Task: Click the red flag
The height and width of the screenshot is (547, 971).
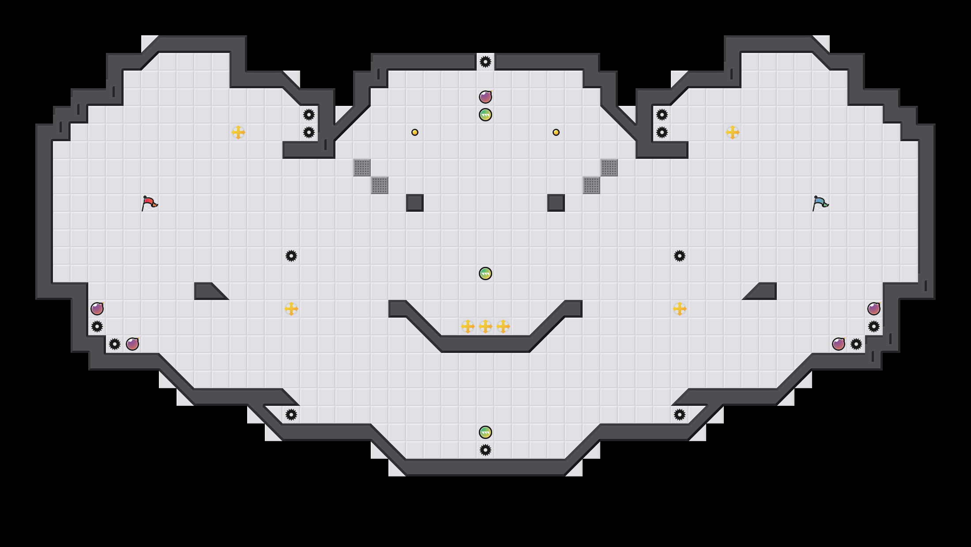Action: click(149, 203)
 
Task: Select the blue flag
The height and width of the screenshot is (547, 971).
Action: click(820, 203)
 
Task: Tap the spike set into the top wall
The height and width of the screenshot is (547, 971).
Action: click(485, 62)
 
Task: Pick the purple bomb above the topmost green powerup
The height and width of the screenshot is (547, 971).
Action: click(485, 97)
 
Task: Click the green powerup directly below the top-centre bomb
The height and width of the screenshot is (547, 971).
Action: click(485, 115)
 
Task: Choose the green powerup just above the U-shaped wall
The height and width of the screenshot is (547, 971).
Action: click(485, 273)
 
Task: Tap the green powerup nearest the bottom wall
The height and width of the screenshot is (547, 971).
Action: click(485, 432)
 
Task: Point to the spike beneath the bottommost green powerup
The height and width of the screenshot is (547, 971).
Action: click(485, 450)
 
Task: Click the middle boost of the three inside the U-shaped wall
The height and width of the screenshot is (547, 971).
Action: click(485, 326)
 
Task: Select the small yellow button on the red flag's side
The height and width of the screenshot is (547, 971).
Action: click(415, 132)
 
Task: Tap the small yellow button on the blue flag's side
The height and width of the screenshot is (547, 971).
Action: click(556, 132)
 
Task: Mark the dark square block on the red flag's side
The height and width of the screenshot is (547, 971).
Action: click(415, 203)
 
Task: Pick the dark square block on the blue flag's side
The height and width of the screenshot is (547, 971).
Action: click(556, 203)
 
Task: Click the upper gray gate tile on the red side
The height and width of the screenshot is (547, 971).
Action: click(362, 168)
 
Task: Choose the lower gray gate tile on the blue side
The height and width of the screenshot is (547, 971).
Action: click(591, 185)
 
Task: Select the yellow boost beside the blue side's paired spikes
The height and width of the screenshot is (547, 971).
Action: click(733, 132)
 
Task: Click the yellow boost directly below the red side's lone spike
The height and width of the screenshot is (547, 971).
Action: click(291, 309)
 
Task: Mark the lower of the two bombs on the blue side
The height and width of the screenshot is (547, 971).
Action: click(839, 344)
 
